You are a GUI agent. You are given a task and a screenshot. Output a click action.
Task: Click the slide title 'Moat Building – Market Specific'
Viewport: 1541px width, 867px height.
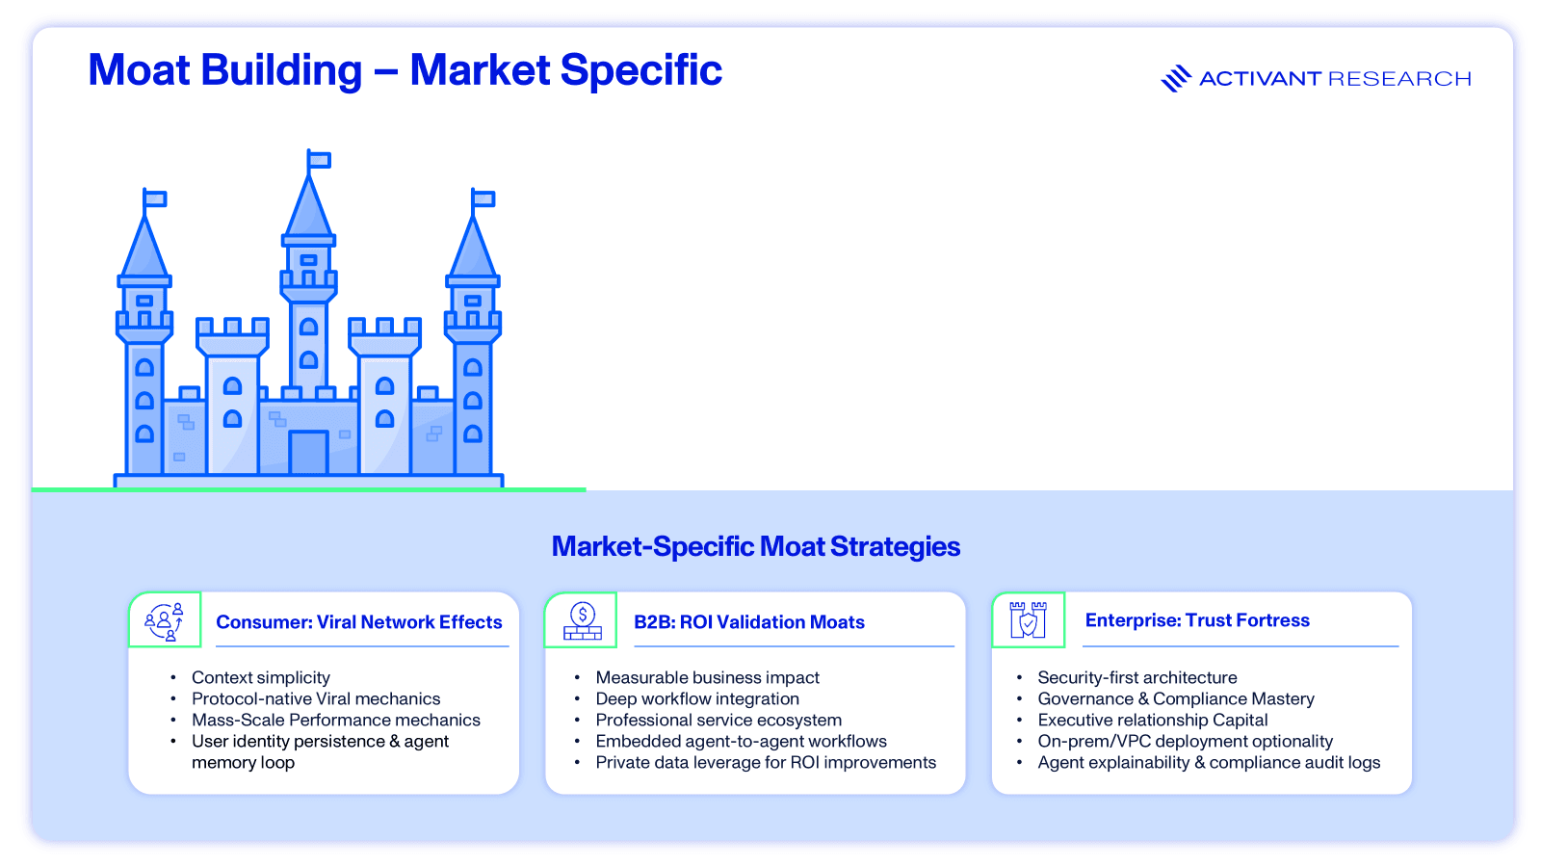(405, 70)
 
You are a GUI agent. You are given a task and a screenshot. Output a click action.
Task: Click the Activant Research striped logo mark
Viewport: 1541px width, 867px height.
(1176, 78)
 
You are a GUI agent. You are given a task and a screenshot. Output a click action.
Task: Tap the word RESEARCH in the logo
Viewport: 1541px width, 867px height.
(1399, 78)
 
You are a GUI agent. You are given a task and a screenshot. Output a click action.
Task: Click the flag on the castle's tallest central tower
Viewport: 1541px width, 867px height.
(319, 160)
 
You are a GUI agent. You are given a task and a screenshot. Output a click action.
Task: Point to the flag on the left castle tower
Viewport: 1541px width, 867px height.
(155, 198)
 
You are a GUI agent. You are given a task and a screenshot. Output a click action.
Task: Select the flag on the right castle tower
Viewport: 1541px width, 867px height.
(483, 198)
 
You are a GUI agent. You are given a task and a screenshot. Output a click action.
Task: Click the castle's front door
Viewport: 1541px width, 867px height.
(308, 452)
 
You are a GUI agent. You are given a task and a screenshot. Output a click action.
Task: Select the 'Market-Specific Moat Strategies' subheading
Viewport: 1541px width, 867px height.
(755, 546)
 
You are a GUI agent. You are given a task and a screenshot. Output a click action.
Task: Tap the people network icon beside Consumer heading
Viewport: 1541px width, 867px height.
(165, 620)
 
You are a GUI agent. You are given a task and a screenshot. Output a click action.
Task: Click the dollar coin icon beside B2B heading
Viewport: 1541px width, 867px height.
(582, 620)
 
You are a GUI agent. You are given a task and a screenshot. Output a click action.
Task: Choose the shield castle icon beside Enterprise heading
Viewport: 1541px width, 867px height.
(1028, 620)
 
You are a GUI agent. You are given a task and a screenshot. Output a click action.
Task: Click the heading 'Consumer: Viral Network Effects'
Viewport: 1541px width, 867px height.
(359, 622)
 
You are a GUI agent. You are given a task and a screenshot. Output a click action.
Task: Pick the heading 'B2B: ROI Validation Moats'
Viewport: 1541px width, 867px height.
(749, 622)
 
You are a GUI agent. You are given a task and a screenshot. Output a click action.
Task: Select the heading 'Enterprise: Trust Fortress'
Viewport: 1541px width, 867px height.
(1197, 620)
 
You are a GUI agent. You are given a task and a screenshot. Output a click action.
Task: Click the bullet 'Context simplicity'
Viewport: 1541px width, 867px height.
(261, 678)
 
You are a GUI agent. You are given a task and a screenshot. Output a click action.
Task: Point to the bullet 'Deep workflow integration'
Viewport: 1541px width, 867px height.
(697, 699)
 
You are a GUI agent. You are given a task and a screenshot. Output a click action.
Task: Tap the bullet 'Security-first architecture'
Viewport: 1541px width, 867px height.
(1137, 678)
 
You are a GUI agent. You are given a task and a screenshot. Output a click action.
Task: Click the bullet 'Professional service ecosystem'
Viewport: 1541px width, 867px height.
(718, 721)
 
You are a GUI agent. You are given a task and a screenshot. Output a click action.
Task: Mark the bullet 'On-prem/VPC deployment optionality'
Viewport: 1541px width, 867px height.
(1186, 742)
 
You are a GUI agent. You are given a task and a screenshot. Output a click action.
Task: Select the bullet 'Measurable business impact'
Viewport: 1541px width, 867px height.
(708, 678)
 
